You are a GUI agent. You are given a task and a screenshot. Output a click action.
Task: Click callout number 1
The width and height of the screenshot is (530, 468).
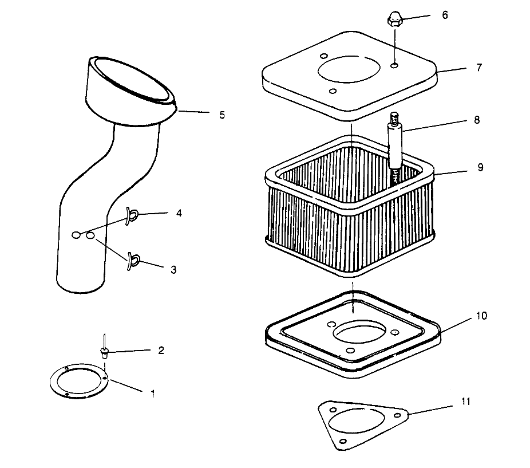(152, 394)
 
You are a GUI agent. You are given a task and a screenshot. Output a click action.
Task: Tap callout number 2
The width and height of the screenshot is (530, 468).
(161, 350)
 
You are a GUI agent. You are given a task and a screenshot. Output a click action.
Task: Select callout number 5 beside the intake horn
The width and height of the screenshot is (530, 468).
(222, 115)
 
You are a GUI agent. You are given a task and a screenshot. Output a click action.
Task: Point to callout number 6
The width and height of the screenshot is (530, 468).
(445, 15)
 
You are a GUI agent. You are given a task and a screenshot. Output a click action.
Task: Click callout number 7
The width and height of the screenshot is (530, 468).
(479, 68)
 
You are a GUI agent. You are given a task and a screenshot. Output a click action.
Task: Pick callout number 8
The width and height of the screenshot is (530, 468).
(477, 120)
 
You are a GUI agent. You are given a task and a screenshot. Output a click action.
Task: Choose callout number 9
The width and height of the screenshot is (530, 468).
(480, 167)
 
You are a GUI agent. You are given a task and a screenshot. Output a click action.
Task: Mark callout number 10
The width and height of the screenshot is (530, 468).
(481, 316)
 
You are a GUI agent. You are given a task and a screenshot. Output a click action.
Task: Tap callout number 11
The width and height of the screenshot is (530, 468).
(466, 402)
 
